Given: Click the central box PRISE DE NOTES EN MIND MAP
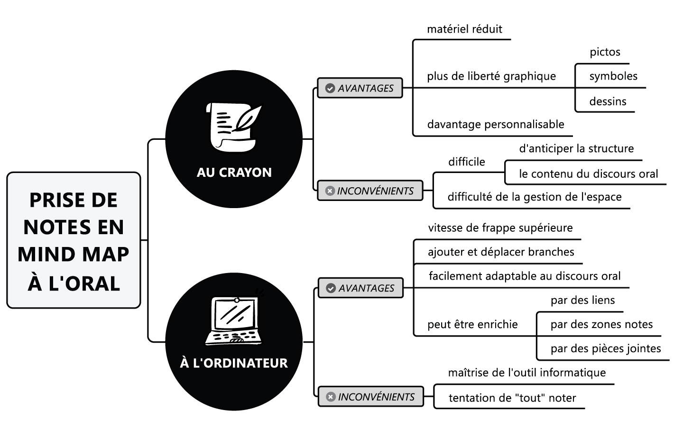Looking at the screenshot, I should [x=74, y=240].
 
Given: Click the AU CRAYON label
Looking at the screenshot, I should [x=234, y=172].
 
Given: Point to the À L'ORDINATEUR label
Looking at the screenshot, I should [x=234, y=363].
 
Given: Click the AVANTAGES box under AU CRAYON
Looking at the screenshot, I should [x=360, y=88].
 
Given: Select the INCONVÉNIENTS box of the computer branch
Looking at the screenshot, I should [x=370, y=397].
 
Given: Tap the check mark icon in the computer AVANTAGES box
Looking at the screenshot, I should [x=331, y=288].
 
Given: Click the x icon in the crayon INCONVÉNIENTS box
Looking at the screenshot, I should [x=330, y=191].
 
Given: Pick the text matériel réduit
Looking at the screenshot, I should [x=464, y=29].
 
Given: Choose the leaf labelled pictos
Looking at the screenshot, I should [x=605, y=52].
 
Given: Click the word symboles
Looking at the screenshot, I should [x=613, y=76].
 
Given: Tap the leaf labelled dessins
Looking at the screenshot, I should [x=608, y=101].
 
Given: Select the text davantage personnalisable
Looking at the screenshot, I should [x=496, y=125].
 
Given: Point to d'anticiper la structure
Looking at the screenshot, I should [x=576, y=149].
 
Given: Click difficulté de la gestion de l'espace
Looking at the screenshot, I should [x=535, y=197].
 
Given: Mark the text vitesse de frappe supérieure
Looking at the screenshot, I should [x=500, y=228].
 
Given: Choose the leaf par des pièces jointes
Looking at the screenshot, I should [x=606, y=349].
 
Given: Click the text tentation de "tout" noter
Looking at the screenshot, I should [x=512, y=398].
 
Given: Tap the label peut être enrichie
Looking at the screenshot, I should [x=472, y=325].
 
